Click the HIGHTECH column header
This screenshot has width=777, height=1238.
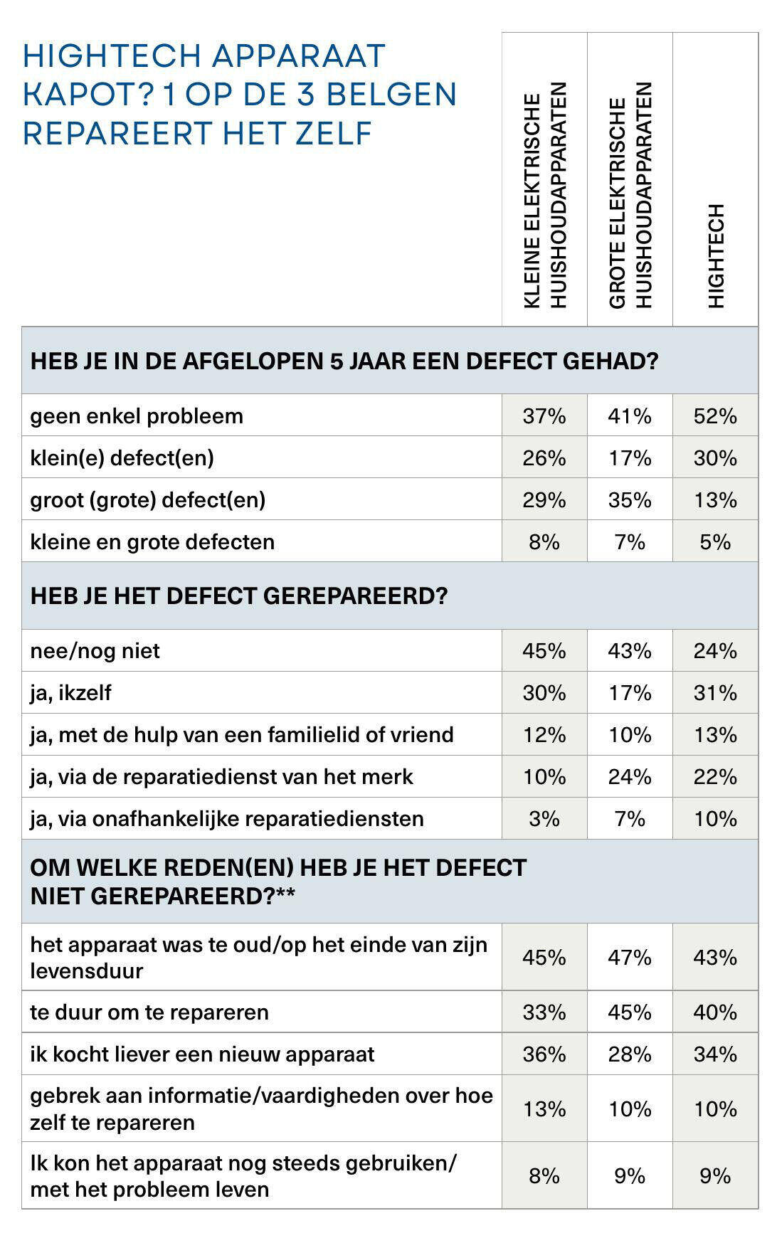pyautogui.click(x=716, y=256)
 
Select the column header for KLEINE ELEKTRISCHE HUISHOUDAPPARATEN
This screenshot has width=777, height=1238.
pyautogui.click(x=544, y=196)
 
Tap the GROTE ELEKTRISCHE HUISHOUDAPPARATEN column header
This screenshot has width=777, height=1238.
pyautogui.click(x=630, y=196)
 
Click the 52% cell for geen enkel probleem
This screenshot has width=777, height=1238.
pyautogui.click(x=715, y=416)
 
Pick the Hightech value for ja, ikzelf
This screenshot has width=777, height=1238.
pyautogui.click(x=715, y=692)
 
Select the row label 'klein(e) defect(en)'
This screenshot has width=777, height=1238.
pyautogui.click(x=122, y=457)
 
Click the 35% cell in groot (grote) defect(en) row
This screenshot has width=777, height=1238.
pyautogui.click(x=630, y=499)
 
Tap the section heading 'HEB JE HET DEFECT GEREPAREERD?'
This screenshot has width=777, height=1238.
pyautogui.click(x=239, y=596)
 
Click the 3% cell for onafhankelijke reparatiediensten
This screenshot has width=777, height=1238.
pyautogui.click(x=544, y=818)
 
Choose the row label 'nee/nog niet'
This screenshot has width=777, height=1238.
pyautogui.click(x=95, y=650)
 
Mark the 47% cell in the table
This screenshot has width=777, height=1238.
pyautogui.click(x=630, y=957)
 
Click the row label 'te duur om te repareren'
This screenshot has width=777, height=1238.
pyautogui.click(x=149, y=1012)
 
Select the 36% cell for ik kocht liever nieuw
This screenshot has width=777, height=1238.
pyautogui.click(x=544, y=1054)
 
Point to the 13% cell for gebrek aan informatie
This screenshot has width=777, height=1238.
pyautogui.click(x=544, y=1109)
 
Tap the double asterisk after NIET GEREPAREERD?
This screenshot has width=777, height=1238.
pyautogui.click(x=285, y=894)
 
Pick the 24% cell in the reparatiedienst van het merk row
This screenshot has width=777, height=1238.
pyautogui.click(x=630, y=776)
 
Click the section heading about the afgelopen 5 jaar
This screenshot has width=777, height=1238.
pyautogui.click(x=344, y=361)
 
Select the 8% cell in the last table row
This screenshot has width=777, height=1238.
pyautogui.click(x=544, y=1175)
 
